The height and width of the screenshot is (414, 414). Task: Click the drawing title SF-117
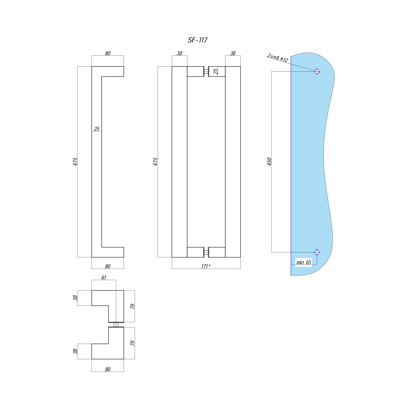coord(197,40)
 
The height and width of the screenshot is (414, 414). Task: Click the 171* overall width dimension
coord(206,266)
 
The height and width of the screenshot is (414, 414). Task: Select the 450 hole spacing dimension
coord(269,161)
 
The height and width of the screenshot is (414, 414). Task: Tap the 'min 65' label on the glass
coord(304,262)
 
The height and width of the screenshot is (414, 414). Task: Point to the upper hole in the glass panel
coord(317,71)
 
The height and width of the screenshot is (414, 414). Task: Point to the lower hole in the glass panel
coord(317,252)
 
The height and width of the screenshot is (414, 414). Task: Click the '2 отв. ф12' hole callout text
coord(277,58)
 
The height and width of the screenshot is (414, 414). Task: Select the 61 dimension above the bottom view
coord(104,278)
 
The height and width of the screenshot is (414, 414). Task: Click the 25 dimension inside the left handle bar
coord(97,129)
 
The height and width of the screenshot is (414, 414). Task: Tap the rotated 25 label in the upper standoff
coord(216,71)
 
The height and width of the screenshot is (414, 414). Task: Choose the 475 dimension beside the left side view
coord(75,161)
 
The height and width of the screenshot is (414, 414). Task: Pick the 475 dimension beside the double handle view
coord(155,161)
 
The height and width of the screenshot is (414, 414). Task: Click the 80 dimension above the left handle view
coord(108,53)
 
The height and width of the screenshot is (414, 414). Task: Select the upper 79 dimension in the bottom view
coord(132,306)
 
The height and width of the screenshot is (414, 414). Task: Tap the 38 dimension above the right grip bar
coord(233,53)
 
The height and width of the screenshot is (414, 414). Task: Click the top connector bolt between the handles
coord(206,71)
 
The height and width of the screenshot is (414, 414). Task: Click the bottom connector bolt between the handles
coord(206,252)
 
